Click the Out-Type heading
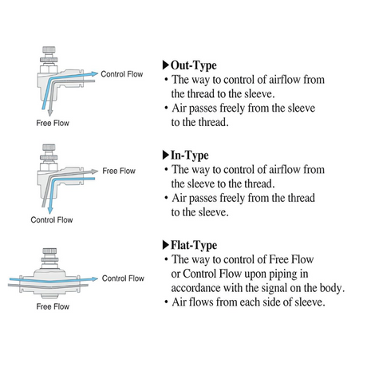[194, 65]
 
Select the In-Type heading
[190, 156]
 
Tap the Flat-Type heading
[194, 245]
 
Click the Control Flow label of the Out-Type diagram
[122, 74]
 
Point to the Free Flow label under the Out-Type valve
[53, 123]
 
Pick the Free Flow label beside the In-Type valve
[119, 171]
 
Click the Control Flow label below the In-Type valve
[52, 219]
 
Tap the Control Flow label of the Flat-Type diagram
[123, 278]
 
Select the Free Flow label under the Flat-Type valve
[53, 306]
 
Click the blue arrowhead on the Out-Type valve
[95, 73]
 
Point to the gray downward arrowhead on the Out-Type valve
[50, 112]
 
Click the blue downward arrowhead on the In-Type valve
[49, 210]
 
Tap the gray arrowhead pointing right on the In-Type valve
[95, 172]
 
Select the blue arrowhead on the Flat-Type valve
[95, 279]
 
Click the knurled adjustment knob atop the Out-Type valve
[49, 49]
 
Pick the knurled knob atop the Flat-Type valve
[49, 251]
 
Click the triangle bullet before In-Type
[166, 155]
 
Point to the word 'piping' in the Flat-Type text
[282, 274]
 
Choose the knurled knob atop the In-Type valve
[49, 148]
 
